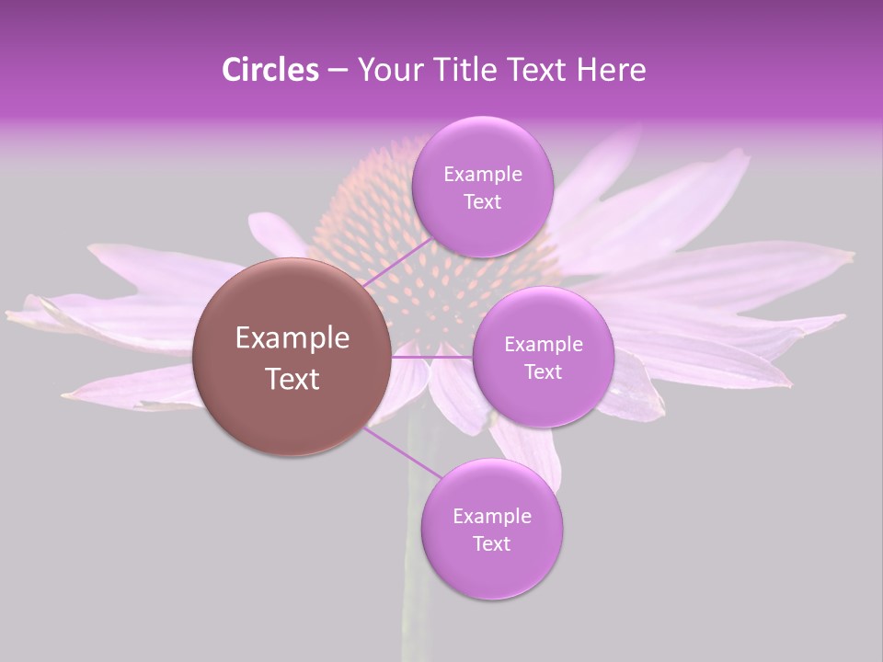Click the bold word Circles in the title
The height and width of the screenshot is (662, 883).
click(269, 70)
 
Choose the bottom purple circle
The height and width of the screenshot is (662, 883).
click(491, 570)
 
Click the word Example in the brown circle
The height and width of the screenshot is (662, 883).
click(292, 338)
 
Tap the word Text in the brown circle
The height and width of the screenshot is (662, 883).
click(292, 379)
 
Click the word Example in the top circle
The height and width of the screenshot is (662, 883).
click(482, 174)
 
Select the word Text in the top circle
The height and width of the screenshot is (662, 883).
click(482, 202)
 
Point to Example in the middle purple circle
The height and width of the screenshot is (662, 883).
click(543, 344)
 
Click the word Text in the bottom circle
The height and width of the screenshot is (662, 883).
click(491, 543)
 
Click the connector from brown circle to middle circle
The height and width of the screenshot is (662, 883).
click(432, 356)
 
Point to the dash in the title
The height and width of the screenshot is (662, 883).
click(338, 71)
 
